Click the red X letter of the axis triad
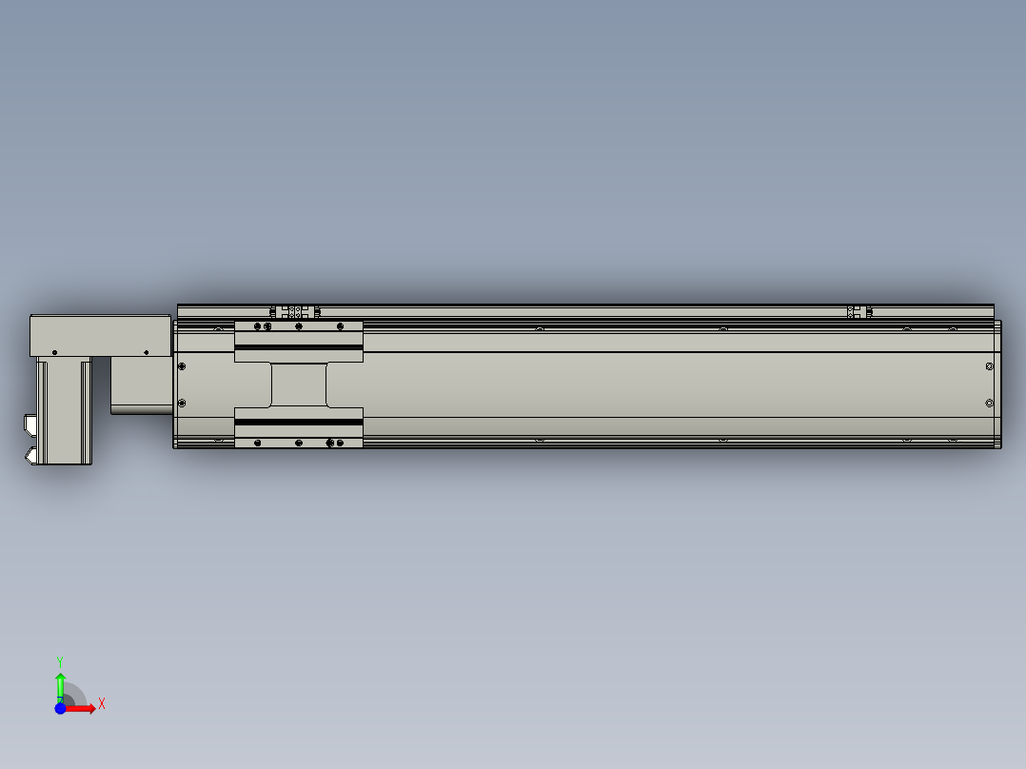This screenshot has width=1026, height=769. [x=102, y=704]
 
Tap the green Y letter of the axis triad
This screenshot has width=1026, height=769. [x=60, y=661]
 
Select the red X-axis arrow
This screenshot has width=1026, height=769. [x=84, y=708]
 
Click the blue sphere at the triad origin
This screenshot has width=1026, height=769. [x=61, y=708]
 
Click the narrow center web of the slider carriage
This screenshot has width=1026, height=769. [x=299, y=384]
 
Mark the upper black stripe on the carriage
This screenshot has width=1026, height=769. [x=299, y=348]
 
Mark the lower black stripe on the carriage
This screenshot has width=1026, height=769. [x=299, y=421]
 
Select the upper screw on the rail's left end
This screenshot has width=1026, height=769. [x=182, y=365]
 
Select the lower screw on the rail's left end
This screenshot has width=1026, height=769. [x=182, y=403]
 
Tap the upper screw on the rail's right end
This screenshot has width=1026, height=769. [x=990, y=365]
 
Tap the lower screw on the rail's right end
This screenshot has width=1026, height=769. [x=990, y=403]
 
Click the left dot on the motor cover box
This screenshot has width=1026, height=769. [x=54, y=352]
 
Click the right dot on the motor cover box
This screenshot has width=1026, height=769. [x=146, y=352]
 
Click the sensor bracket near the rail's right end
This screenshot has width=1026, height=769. [x=859, y=311]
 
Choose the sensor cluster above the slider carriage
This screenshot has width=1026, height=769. [x=295, y=311]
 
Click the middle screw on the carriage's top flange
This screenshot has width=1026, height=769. [x=299, y=326]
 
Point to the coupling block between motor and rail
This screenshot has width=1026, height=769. [x=141, y=385]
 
